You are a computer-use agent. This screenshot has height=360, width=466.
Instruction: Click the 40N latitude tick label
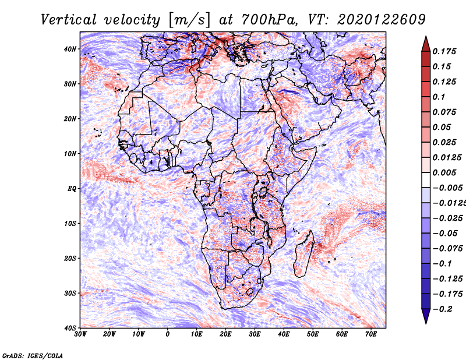click(70, 49)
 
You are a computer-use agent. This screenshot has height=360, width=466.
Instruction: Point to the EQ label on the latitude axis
click(72, 189)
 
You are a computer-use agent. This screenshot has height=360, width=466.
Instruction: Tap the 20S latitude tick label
click(70, 258)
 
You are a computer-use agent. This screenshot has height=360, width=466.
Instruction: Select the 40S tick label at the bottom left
click(70, 328)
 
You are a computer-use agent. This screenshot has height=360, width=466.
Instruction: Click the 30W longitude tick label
click(80, 334)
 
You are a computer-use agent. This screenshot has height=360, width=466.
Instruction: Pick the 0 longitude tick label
click(168, 334)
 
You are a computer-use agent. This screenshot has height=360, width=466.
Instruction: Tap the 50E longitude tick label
click(313, 334)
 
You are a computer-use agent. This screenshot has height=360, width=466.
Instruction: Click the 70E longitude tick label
click(370, 334)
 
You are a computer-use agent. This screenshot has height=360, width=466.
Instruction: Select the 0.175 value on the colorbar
click(444, 51)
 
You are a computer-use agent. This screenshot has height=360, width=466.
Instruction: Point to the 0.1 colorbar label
click(439, 97)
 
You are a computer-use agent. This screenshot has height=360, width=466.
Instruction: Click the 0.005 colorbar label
click(444, 172)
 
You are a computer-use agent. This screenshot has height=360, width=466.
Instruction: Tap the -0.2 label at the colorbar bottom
click(442, 309)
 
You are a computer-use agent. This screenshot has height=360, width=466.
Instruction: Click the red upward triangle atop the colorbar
click(426, 45)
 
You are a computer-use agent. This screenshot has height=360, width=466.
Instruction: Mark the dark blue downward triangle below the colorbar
click(426, 316)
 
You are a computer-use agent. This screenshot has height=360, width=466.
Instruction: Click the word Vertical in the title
click(68, 20)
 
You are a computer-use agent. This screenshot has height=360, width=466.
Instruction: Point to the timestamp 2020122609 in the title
click(381, 20)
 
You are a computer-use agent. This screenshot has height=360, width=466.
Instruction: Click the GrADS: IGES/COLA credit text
click(33, 355)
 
